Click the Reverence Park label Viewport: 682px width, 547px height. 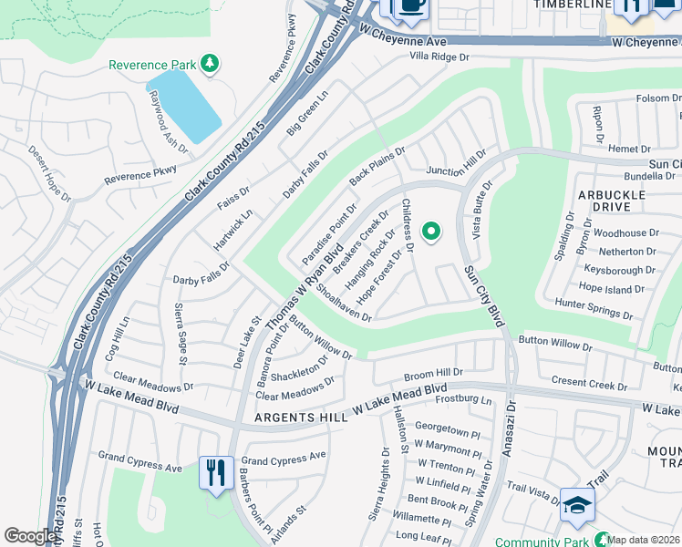pyautogui.click(x=151, y=65)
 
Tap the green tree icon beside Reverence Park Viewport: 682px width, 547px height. pyautogui.click(x=211, y=63)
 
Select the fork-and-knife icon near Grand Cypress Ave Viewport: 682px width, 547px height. pyautogui.click(x=216, y=473)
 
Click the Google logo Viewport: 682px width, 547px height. pyautogui.click(x=30, y=536)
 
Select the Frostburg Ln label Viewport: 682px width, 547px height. pyautogui.click(x=464, y=399)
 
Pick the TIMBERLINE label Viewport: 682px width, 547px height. pyautogui.click(x=572, y=5)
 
